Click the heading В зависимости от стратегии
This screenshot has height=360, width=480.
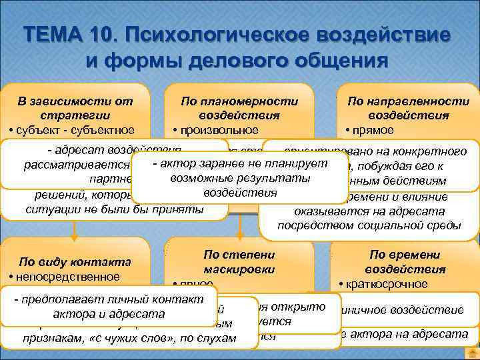75,108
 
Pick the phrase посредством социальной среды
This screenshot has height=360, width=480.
368,225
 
